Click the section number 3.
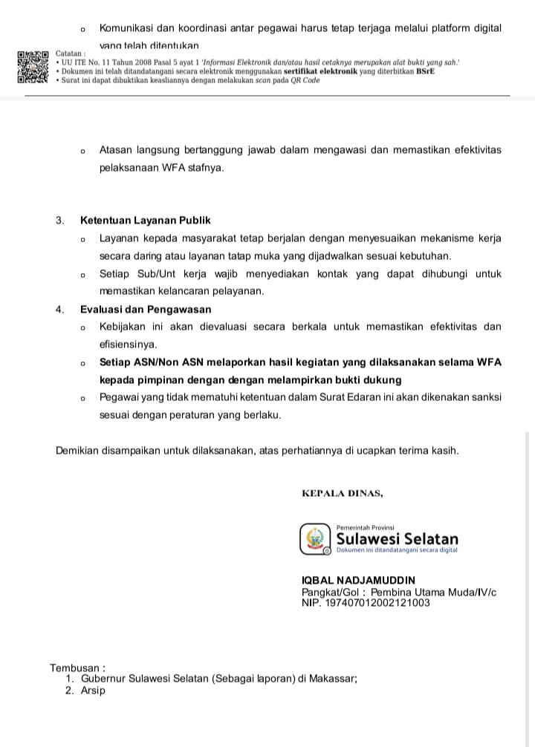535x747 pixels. pyautogui.click(x=59, y=221)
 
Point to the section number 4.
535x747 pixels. pyautogui.click(x=59, y=310)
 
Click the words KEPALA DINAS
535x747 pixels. pyautogui.click(x=343, y=493)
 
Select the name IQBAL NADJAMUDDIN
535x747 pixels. pyautogui.click(x=359, y=580)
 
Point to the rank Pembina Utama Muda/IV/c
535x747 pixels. pyautogui.click(x=433, y=592)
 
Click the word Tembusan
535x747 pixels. pyautogui.click(x=77, y=668)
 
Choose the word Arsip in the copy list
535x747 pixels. pyautogui.click(x=94, y=691)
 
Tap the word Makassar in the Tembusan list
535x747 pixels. pyautogui.click(x=333, y=679)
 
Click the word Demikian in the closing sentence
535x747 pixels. pyautogui.click(x=82, y=451)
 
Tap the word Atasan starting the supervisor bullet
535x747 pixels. pyautogui.click(x=117, y=150)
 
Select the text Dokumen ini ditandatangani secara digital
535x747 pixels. pyautogui.click(x=397, y=550)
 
